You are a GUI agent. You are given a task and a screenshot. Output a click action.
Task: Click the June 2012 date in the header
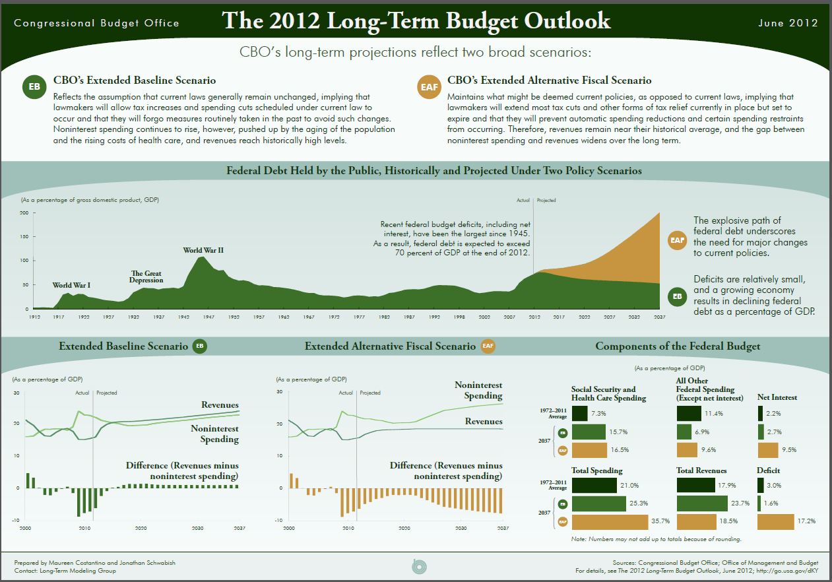point(788,22)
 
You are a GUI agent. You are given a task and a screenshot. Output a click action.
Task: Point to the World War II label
point(203,250)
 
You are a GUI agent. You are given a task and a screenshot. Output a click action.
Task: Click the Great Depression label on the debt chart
point(146,277)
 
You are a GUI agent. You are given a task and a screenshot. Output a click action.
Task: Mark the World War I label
point(71,285)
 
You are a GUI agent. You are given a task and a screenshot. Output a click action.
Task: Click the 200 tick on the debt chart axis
point(24,212)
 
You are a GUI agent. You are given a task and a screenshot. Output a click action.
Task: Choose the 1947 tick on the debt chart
point(208,317)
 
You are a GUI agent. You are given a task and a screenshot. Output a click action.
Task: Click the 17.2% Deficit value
point(806,521)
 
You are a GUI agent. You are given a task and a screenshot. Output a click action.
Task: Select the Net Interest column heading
point(777,397)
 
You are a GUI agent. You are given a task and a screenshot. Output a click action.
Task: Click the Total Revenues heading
point(701,470)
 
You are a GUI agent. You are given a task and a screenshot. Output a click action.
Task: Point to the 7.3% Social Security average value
point(598,413)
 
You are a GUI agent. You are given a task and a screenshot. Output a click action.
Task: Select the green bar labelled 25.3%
point(598,503)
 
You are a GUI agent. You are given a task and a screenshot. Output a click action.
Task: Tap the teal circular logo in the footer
point(416,566)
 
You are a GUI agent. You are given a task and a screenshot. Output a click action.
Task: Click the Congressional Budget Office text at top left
point(96,23)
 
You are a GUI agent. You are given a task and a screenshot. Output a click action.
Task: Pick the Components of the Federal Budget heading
point(678,346)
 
